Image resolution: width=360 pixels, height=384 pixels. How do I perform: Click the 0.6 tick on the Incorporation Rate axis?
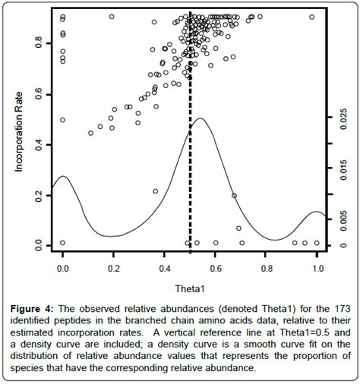pyautogui.click(x=40, y=93)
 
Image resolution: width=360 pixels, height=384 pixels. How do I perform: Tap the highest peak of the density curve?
pyautogui.click(x=200, y=118)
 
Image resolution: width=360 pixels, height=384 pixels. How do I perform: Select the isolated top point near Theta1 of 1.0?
pyautogui.click(x=312, y=17)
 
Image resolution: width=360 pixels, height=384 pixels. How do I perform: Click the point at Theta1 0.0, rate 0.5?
pyautogui.click(x=62, y=120)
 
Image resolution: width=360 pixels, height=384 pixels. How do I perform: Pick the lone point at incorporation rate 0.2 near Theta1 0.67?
pyautogui.click(x=234, y=195)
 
